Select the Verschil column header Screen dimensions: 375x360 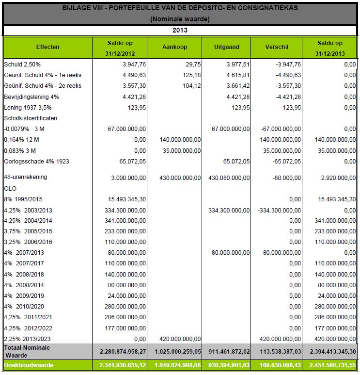click(277, 47)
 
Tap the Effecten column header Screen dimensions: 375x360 click(48, 47)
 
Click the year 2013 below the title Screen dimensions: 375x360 click(180, 30)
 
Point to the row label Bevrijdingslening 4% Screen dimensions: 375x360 click(31, 97)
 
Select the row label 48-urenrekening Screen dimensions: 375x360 click(26, 177)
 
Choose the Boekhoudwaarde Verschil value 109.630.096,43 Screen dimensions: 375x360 click(277, 364)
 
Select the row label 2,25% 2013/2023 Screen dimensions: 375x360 click(28, 339)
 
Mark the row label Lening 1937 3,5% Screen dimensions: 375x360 click(28, 107)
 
